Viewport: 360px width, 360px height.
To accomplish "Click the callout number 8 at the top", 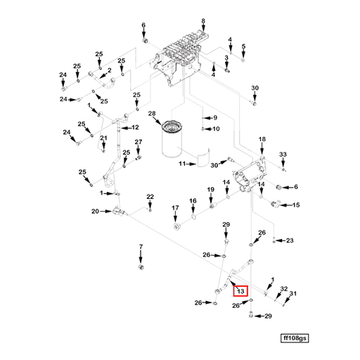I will (x=203, y=22).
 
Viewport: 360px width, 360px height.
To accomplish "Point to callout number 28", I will (x=151, y=113).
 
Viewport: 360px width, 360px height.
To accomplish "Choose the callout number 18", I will (x=262, y=140).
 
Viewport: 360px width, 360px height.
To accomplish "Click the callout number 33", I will (x=283, y=154).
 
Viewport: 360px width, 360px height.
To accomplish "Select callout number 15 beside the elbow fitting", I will (x=295, y=205).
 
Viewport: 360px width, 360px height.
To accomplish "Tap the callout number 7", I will (x=140, y=247).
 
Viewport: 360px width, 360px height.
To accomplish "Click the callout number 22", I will (x=150, y=196).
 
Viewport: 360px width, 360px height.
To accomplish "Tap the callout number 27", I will (x=139, y=143).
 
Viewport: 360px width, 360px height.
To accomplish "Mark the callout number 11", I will (x=181, y=165).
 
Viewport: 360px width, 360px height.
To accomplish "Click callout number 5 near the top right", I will (x=243, y=47).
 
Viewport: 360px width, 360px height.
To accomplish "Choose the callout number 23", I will (x=289, y=240).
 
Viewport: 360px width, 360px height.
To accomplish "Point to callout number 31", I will (x=293, y=295).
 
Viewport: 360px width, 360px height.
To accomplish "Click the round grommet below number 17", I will (x=176, y=229).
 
